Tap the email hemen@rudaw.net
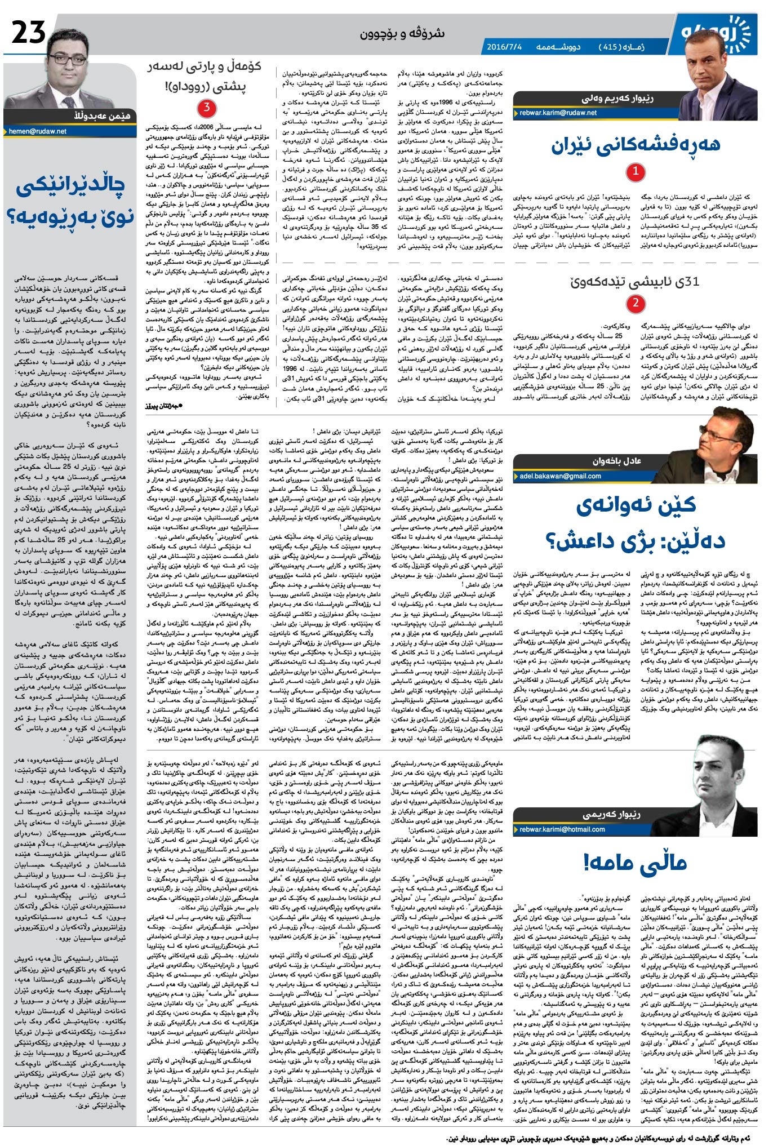pos(38,131)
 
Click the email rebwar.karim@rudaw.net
pos(558,113)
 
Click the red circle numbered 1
pos(636,172)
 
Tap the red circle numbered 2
pos(636,304)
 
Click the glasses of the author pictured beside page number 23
pos(66,57)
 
